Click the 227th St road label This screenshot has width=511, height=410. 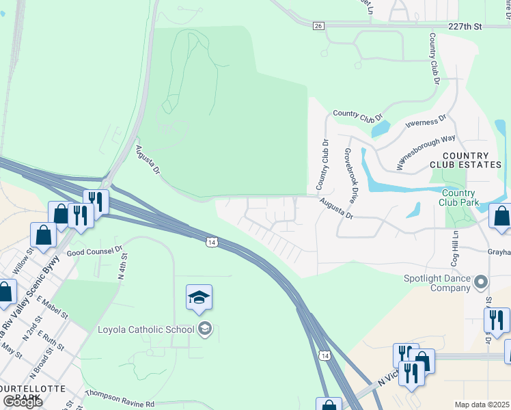pos(467,27)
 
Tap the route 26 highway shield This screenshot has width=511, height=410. pos(318,26)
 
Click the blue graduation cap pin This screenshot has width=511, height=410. pos(199,298)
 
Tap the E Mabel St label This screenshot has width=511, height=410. pos(53,307)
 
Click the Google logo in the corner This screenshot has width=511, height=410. pos(22,401)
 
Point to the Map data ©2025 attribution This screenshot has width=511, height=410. pos(482,405)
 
